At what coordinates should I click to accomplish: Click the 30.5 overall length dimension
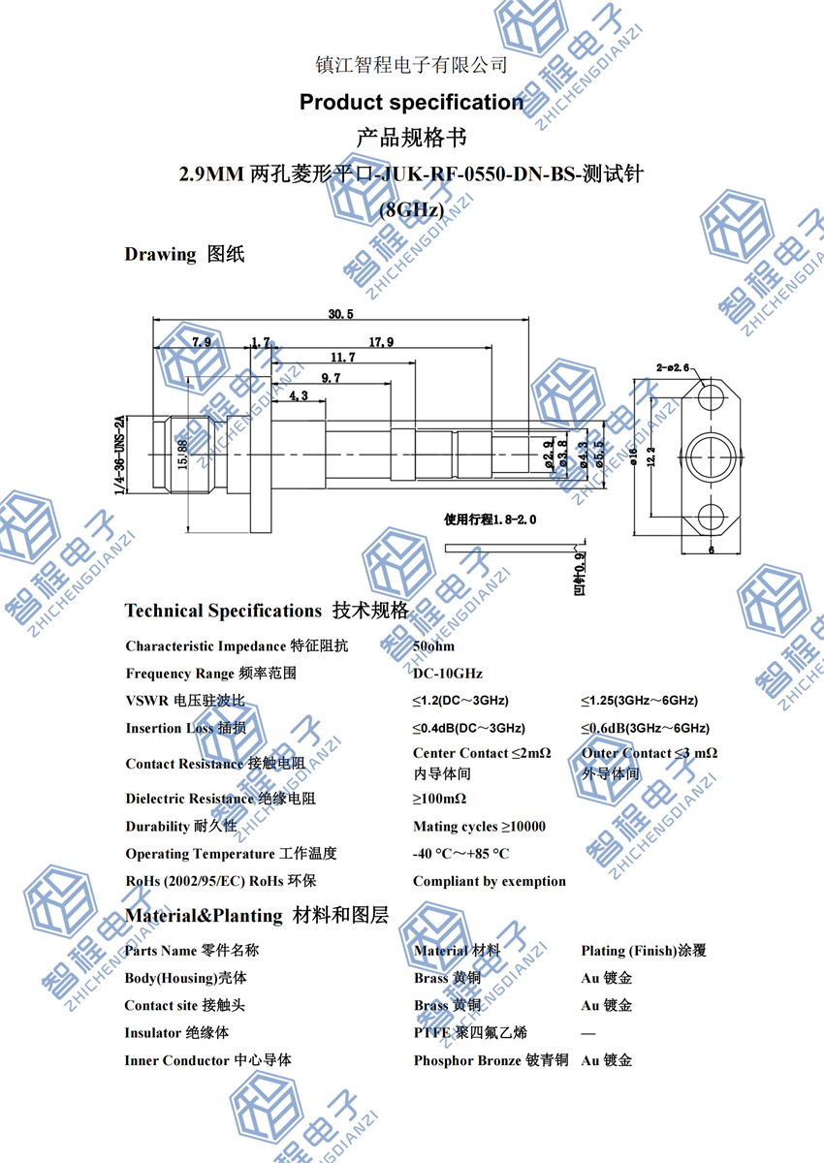pyautogui.click(x=340, y=314)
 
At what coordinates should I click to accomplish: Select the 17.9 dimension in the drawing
pyautogui.click(x=381, y=342)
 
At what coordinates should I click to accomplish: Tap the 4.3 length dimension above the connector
pyautogui.click(x=298, y=395)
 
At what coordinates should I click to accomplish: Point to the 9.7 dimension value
pyautogui.click(x=331, y=377)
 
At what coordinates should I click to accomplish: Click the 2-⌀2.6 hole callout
pyautogui.click(x=672, y=367)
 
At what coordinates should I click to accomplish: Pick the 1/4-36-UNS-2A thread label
pyautogui.click(x=120, y=456)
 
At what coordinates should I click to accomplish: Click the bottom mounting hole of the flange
pyautogui.click(x=711, y=515)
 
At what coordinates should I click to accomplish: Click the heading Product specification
pyautogui.click(x=411, y=102)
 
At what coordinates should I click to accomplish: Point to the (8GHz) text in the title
pyautogui.click(x=411, y=209)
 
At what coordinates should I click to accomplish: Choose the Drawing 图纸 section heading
pyautogui.click(x=184, y=255)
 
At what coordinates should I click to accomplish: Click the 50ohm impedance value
pyautogui.click(x=433, y=645)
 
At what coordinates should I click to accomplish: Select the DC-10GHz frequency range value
pyautogui.click(x=447, y=673)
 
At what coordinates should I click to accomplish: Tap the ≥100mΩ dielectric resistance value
pyautogui.click(x=439, y=799)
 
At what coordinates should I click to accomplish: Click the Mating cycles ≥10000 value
pyautogui.click(x=479, y=827)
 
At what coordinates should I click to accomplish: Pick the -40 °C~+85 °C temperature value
pyautogui.click(x=460, y=854)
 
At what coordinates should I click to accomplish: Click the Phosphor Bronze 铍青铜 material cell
pyautogui.click(x=491, y=1060)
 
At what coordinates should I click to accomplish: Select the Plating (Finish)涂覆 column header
pyautogui.click(x=643, y=951)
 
